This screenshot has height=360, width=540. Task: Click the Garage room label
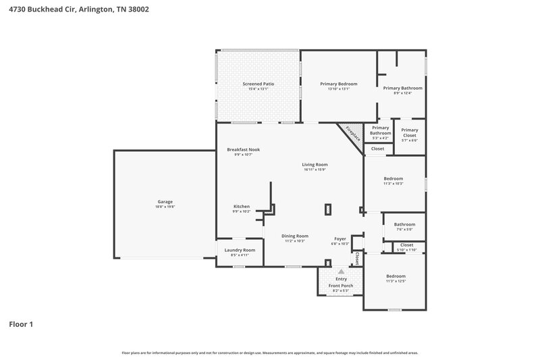(x=165, y=201)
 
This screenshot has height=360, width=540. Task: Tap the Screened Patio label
(x=258, y=84)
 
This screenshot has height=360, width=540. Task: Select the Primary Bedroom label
(x=338, y=84)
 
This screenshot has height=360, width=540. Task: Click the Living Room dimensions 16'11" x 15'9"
(x=315, y=170)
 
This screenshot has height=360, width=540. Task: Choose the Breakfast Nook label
(x=243, y=149)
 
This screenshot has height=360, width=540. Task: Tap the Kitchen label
(x=242, y=206)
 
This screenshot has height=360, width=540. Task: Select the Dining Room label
(x=295, y=236)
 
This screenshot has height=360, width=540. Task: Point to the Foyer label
(x=340, y=238)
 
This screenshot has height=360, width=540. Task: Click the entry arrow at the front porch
(x=341, y=272)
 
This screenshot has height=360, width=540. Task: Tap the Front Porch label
(x=341, y=285)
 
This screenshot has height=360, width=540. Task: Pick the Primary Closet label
(x=409, y=130)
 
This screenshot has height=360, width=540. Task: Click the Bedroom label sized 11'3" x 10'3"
(x=394, y=178)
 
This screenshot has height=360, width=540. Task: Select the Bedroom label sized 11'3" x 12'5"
(x=396, y=276)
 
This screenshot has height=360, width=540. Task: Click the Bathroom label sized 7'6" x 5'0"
(x=404, y=224)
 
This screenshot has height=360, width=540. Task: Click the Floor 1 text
(x=21, y=324)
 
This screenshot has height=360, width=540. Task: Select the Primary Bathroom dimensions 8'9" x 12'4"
(x=402, y=93)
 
